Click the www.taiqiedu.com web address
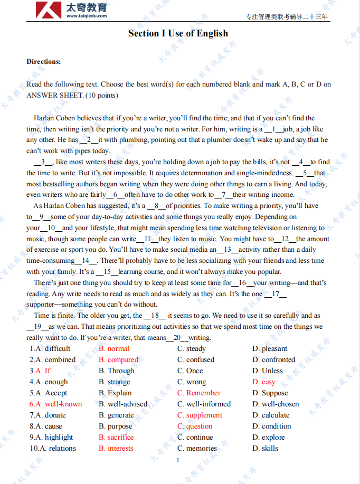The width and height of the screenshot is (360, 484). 87,16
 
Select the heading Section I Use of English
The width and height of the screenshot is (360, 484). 178,33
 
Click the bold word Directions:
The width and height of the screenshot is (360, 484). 44,61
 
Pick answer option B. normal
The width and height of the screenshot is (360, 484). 114,348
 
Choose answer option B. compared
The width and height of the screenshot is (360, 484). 118,359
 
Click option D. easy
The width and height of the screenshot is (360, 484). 264,382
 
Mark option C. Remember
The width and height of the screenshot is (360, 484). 199,393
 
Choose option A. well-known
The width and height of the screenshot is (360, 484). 56,404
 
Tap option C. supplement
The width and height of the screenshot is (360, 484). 200,415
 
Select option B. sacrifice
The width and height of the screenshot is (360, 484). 116,437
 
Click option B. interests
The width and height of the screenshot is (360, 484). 116,448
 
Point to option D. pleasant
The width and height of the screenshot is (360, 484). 270,348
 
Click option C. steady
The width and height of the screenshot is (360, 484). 192,348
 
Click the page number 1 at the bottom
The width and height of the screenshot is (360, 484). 178,460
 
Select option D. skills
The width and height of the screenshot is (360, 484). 265,448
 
